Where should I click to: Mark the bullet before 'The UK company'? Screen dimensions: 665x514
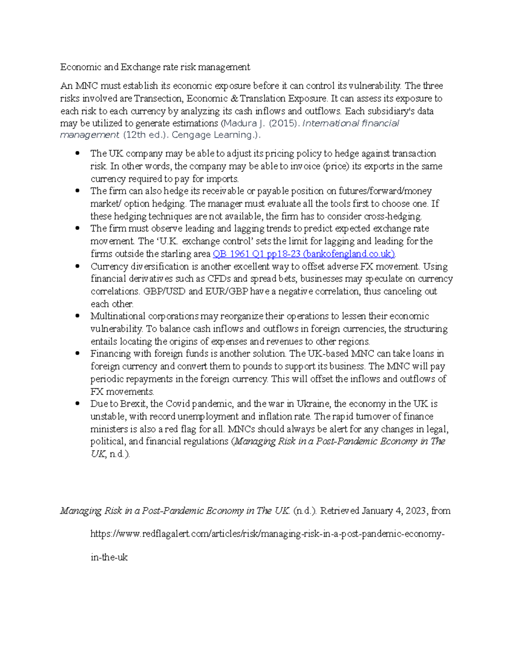(x=78, y=153)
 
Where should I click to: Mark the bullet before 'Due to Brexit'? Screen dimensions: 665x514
(x=78, y=403)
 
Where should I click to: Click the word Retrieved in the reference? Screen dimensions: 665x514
(x=339, y=511)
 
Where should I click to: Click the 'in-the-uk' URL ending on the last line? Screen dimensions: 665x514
(x=109, y=558)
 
